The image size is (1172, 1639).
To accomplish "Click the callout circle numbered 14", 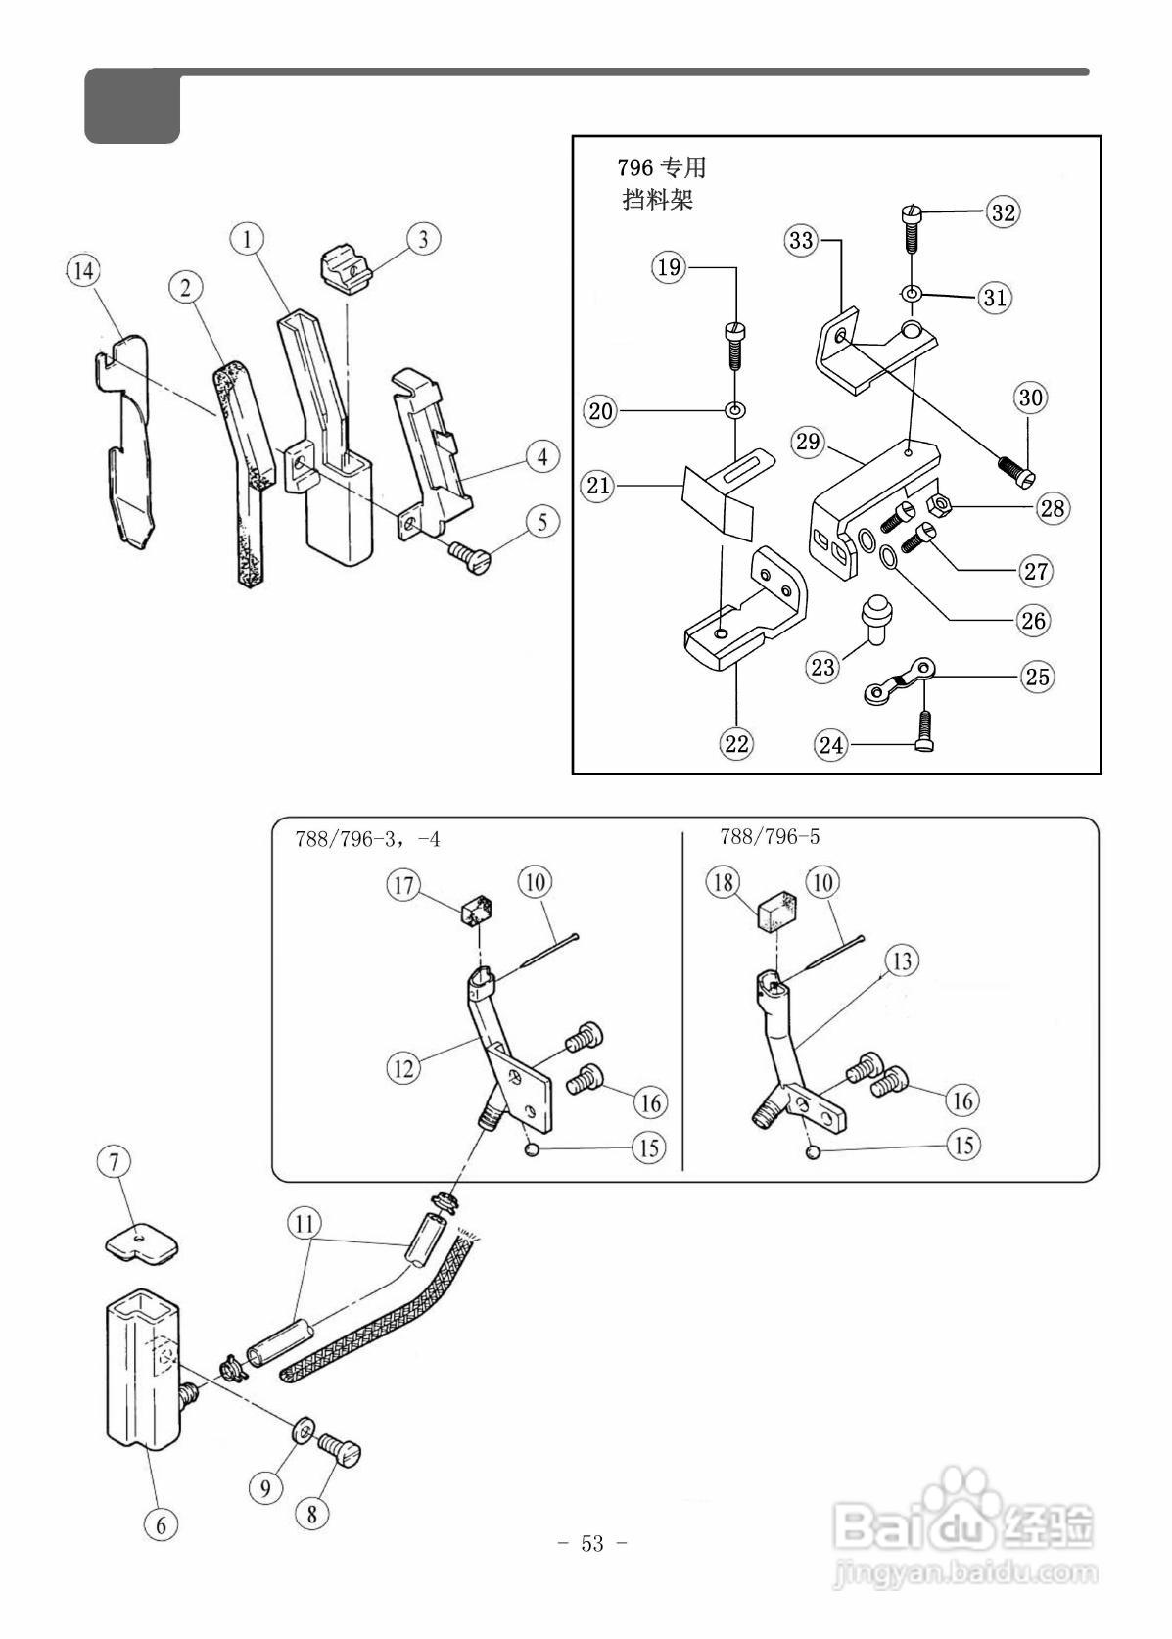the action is pyautogui.click(x=82, y=271).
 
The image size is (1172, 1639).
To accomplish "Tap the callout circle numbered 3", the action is pyautogui.click(x=423, y=239).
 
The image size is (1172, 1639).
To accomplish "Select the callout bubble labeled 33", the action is pyautogui.click(x=801, y=239).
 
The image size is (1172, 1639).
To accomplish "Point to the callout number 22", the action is pyautogui.click(x=736, y=743).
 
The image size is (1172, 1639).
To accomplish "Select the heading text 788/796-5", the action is pyautogui.click(x=769, y=836).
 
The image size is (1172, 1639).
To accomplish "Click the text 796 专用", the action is pyautogui.click(x=661, y=168).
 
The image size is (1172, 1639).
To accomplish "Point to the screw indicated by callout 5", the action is pyautogui.click(x=468, y=557).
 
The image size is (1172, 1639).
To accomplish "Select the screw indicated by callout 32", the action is pyautogui.click(x=910, y=227).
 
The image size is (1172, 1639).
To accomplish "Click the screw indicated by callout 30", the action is pyautogui.click(x=1017, y=468).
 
